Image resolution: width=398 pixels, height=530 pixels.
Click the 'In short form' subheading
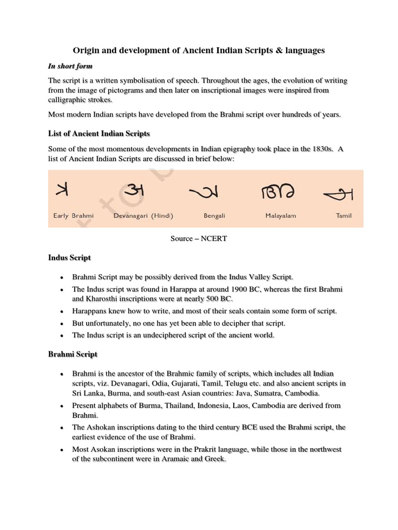click(70, 66)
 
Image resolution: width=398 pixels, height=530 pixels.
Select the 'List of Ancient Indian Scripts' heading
click(99, 134)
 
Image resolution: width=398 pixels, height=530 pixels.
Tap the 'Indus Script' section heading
click(69, 257)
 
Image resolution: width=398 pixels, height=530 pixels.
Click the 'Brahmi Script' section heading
click(73, 355)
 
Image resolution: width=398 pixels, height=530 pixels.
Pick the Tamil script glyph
click(338, 194)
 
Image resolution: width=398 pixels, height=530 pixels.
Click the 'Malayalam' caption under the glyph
click(280, 215)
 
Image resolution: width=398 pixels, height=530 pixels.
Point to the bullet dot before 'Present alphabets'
click(62, 406)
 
